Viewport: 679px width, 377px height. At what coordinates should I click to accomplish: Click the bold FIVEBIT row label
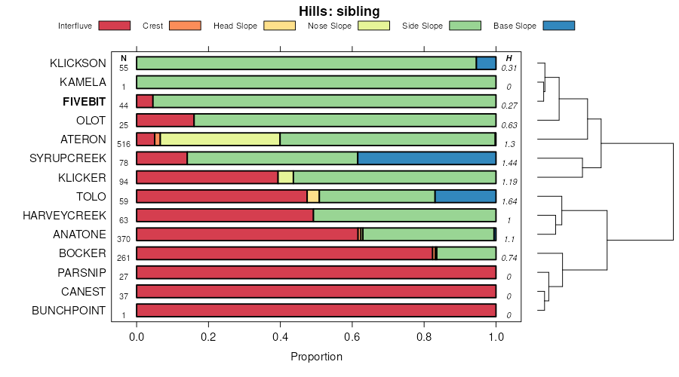point(84,101)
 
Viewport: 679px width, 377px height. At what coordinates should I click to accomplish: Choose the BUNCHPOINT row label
point(69,311)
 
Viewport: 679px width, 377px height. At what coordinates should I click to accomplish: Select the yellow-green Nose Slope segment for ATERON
point(220,139)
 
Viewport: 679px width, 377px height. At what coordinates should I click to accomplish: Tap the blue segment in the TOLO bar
point(465,197)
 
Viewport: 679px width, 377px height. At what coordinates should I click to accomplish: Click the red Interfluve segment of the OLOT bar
point(165,120)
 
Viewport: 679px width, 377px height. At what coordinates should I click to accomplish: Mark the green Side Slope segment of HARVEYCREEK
point(404,216)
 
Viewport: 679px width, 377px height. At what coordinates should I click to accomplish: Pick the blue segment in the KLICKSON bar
point(486,63)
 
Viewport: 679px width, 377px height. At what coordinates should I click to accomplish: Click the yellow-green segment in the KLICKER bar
point(285,177)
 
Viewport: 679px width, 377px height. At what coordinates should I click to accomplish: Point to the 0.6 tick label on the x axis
point(352,337)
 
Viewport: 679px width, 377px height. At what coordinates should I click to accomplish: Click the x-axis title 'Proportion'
point(316,357)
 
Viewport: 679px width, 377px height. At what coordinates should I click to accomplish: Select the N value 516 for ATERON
point(124,143)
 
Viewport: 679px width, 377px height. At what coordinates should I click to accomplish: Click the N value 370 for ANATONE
point(124,239)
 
